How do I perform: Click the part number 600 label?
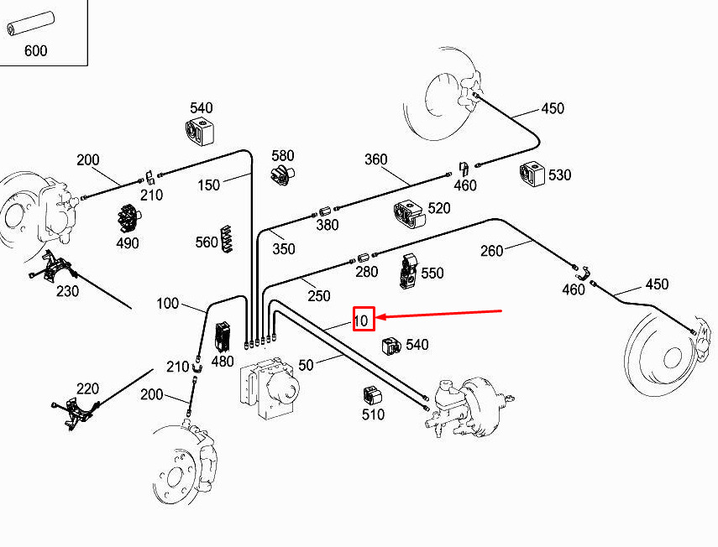pos(35,50)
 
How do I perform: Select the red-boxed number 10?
pos(363,319)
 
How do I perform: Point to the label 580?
pos(283,155)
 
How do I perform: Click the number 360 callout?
pos(375,159)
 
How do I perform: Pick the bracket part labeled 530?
pos(532,174)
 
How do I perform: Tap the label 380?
pos(328,225)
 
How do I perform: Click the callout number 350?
pos(284,248)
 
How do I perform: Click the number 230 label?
pos(67,291)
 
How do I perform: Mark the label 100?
pos(168,303)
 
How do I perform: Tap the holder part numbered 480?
pos(223,336)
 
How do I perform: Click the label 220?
pos(87,388)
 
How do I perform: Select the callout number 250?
pos(318,296)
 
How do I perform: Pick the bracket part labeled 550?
pos(408,270)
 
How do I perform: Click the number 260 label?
pos(492,250)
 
